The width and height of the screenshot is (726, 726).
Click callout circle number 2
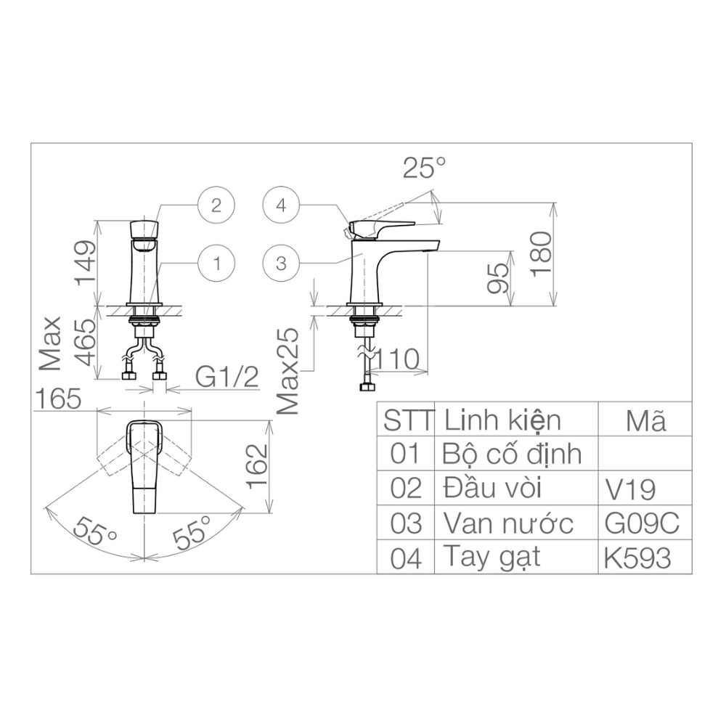click(x=216, y=205)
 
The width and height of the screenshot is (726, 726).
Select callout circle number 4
click(x=281, y=205)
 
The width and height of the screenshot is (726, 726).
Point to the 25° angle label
click(x=424, y=168)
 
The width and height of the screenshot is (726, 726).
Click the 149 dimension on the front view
click(x=86, y=262)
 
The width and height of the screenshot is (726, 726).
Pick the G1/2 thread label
click(x=227, y=377)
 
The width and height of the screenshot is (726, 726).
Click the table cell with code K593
click(x=637, y=558)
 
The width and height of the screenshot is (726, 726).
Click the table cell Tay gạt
click(x=492, y=558)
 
